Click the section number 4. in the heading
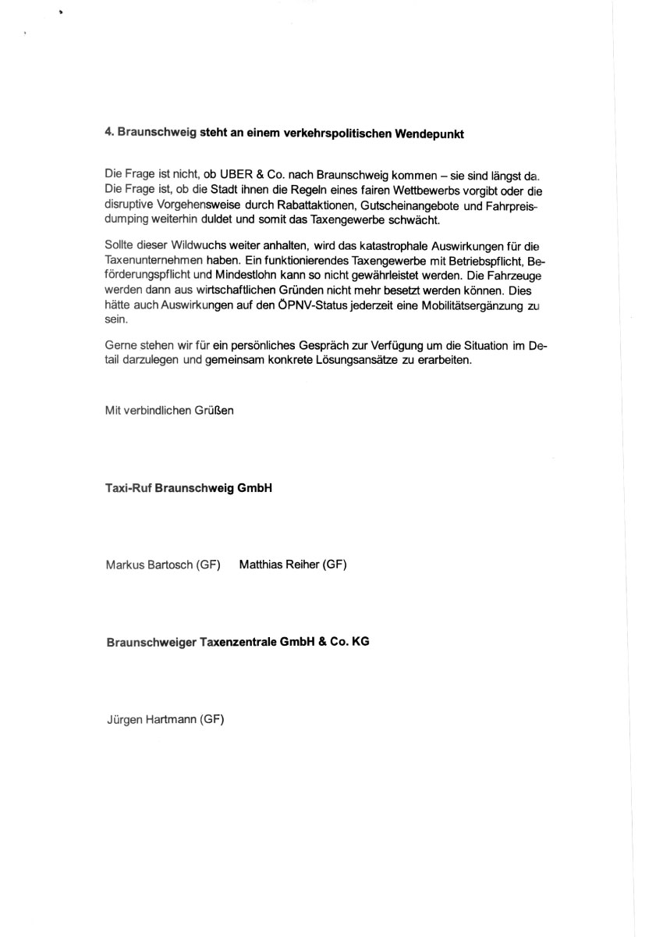tap(109, 134)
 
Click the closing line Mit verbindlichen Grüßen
tap(169, 411)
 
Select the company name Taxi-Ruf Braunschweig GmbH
tap(188, 489)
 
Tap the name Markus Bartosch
tap(149, 565)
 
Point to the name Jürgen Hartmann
tap(151, 720)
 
